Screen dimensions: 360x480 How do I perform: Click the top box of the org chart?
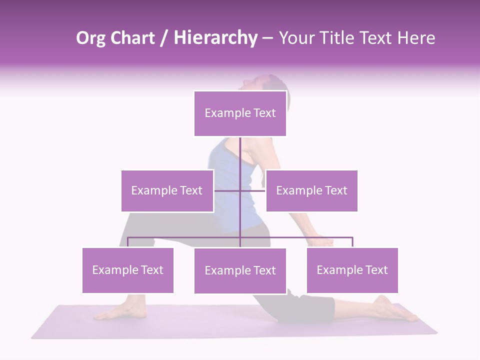[240, 113]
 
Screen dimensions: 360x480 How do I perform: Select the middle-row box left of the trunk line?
[167, 190]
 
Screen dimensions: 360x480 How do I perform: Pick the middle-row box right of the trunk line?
[311, 190]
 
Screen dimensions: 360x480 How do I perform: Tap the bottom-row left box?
[127, 270]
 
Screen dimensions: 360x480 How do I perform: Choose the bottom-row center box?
[240, 270]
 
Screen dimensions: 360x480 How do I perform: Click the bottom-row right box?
[352, 270]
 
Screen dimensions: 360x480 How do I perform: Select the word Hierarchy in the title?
[215, 38]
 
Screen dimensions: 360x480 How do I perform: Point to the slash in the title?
[164, 38]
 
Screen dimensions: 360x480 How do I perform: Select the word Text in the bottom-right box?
[376, 270]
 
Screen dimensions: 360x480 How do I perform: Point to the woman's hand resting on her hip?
[320, 242]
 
